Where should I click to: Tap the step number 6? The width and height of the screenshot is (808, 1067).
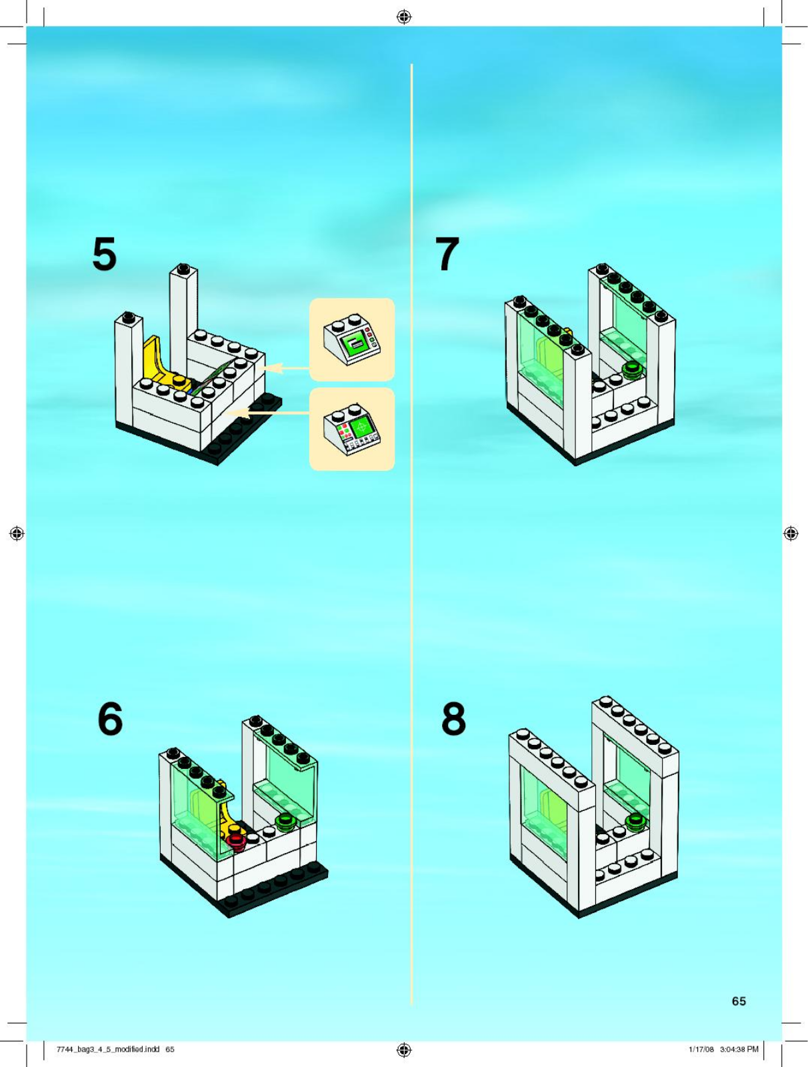[110, 719]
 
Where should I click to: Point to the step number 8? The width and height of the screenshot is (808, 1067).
[453, 719]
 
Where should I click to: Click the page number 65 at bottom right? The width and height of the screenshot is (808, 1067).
[739, 1001]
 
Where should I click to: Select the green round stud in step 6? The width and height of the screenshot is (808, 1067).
[287, 820]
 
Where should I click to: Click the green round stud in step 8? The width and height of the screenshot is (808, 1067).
[635, 821]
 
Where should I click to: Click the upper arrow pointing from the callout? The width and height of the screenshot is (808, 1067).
[287, 367]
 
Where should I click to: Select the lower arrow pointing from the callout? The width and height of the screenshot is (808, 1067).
[267, 413]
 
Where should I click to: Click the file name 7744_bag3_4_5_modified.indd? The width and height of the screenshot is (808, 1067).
[108, 1049]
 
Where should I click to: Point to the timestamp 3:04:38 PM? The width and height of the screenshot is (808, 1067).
[739, 1049]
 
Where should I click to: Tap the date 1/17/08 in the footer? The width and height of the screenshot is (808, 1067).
[701, 1049]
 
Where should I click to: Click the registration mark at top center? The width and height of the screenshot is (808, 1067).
[403, 17]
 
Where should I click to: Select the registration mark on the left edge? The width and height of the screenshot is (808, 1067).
[17, 533]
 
